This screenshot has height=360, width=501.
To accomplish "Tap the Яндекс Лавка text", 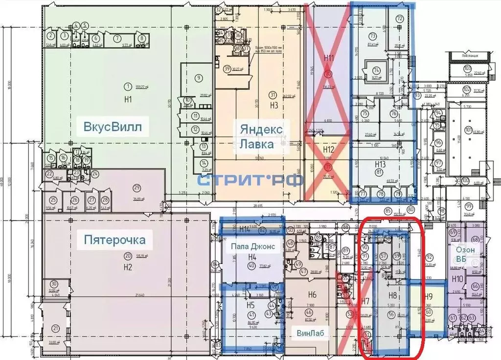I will coord(261,136).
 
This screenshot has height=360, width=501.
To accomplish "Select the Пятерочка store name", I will coord(114,240).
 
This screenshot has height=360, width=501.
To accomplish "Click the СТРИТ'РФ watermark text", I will coord(250,180).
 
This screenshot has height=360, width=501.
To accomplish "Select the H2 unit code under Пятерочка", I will coord(128,267).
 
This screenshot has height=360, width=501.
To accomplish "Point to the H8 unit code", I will coord(392,295).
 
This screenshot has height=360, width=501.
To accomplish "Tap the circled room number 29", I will coord(137,187).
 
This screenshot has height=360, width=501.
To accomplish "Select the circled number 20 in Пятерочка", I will coord(128,255).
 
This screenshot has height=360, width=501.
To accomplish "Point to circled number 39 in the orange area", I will coord(227,69).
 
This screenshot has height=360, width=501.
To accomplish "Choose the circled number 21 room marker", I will coord(57,329).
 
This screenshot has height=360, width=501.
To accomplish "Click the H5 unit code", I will coord(252,304).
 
